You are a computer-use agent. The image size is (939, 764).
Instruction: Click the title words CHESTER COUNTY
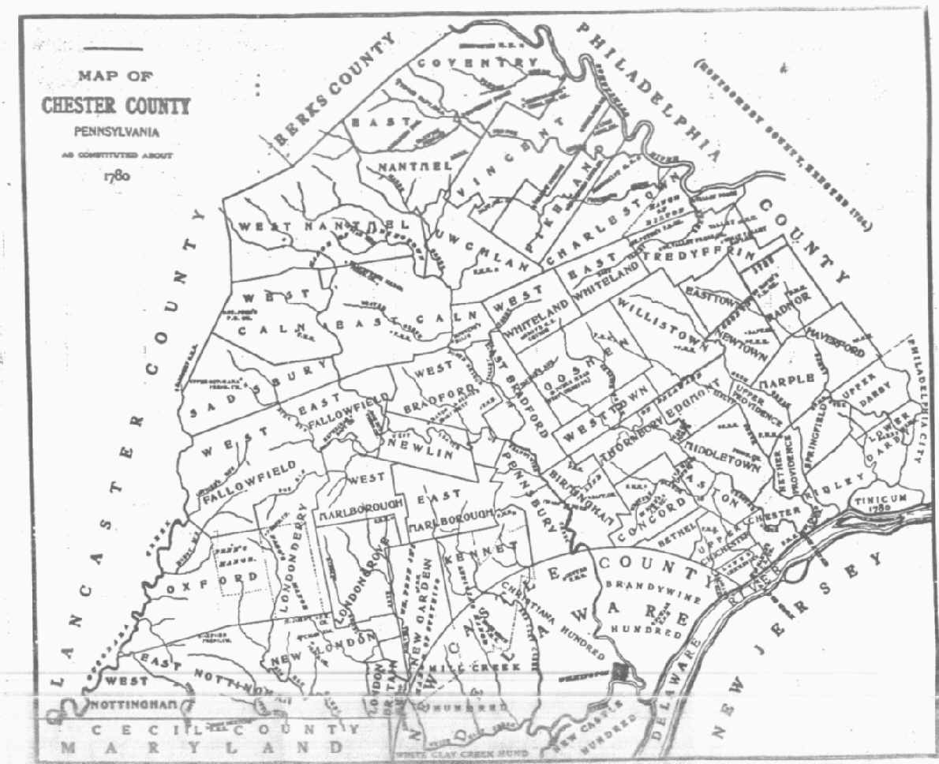click(115, 106)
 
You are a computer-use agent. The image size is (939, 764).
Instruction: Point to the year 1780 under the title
click(116, 175)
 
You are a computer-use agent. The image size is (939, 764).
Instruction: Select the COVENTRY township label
click(477, 62)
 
